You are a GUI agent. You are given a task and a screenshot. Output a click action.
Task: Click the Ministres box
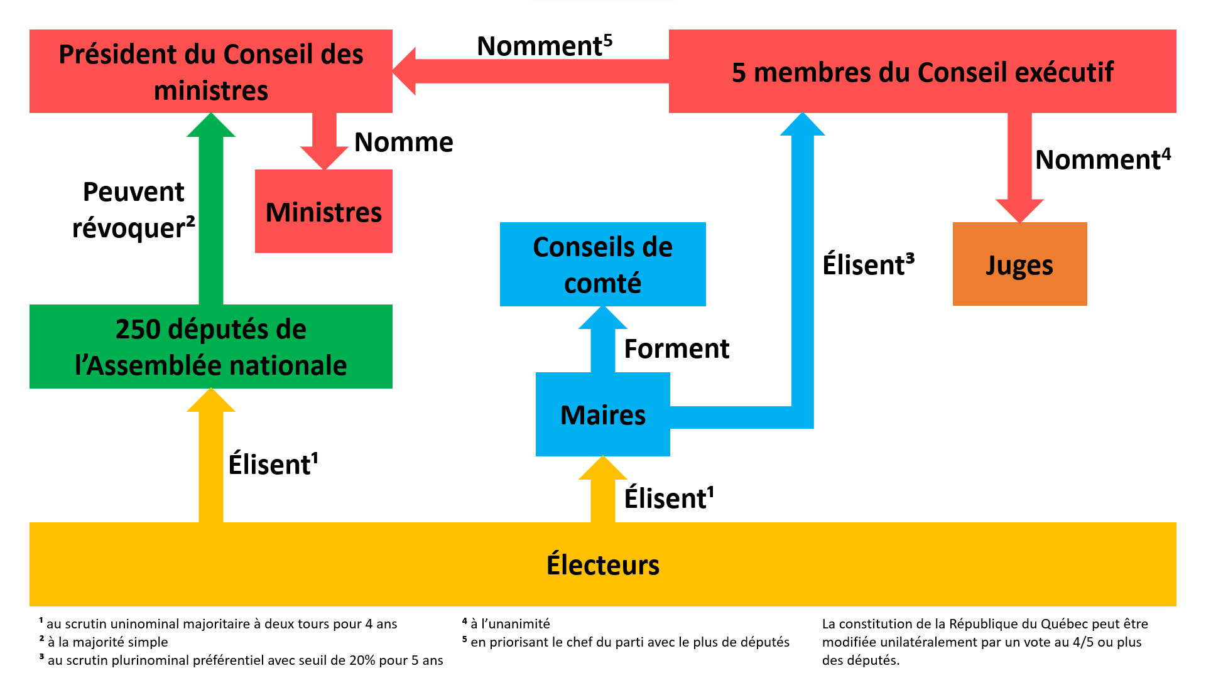pos(323,212)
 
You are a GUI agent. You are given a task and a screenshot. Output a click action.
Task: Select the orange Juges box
pos(1019,264)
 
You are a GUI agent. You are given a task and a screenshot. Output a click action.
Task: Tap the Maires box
pos(602,414)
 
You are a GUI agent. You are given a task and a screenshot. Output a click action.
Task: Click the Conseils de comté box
pos(602,264)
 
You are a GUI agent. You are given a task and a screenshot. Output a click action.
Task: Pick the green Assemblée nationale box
pos(210,347)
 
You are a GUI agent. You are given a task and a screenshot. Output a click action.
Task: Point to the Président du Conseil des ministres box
pos(210,71)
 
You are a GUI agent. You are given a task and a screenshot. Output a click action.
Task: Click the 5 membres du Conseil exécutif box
pos(922,71)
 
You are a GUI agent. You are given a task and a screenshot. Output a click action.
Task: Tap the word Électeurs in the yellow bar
pos(602,564)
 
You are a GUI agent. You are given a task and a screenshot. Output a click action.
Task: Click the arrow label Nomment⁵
pos(544,45)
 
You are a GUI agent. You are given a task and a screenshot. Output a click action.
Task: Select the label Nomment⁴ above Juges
pos(1102,159)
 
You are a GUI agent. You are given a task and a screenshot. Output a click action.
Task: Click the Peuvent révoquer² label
pos(133,210)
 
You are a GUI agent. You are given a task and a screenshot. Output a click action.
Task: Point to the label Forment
pos(676,348)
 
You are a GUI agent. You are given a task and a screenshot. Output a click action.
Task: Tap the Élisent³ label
pos(868,264)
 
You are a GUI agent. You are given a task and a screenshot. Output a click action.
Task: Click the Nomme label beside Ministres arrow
pos(403,142)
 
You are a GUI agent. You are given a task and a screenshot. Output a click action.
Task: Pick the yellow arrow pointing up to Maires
pos(602,493)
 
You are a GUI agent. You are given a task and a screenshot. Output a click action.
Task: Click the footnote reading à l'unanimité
pos(509,623)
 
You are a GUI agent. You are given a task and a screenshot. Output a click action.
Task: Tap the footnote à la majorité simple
pos(107,642)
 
